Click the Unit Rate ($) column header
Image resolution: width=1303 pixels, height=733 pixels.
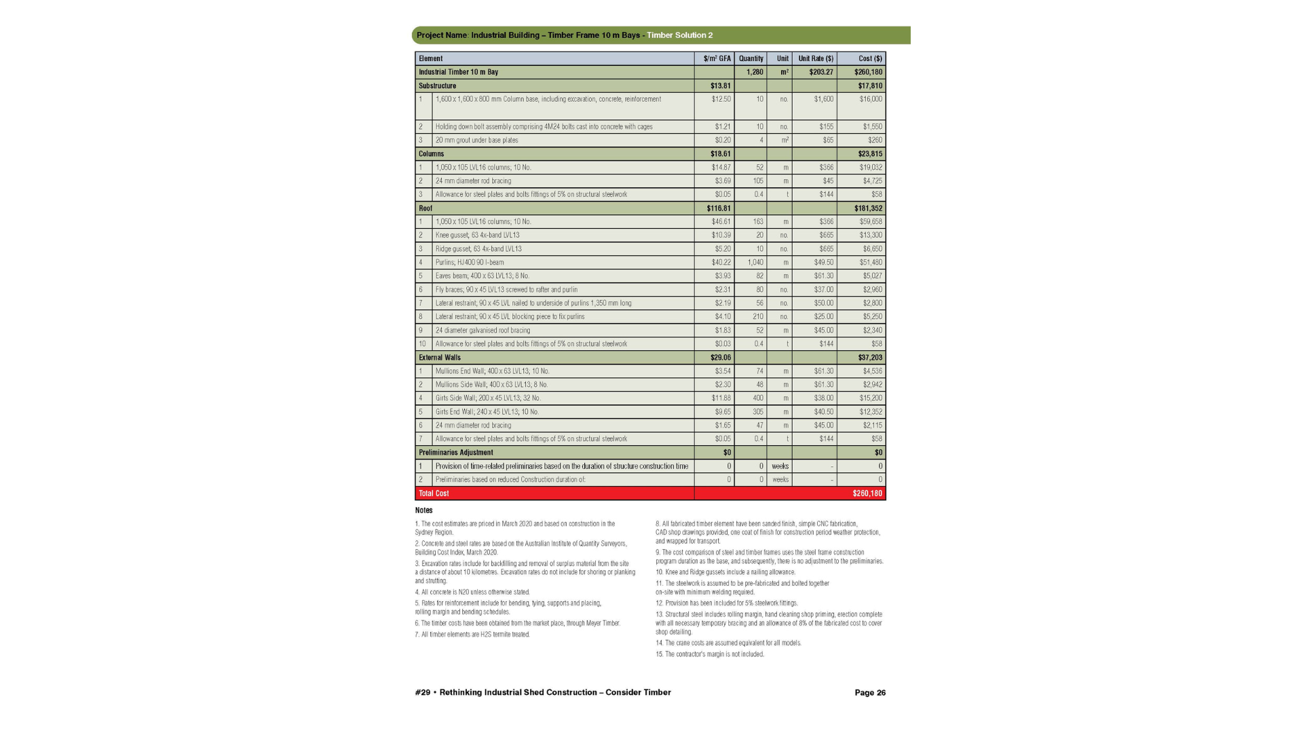(816, 58)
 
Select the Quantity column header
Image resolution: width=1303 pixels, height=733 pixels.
(751, 58)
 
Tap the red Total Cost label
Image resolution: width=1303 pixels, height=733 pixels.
(434, 493)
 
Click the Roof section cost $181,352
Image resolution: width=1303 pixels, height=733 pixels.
(868, 208)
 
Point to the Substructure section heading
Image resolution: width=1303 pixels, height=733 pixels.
(437, 86)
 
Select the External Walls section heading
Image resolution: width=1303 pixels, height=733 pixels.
(439, 358)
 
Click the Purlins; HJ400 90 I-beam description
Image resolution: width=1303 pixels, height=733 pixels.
(470, 263)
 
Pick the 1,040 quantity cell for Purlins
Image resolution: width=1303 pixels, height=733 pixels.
(755, 263)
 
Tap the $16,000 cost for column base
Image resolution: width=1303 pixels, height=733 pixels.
(871, 99)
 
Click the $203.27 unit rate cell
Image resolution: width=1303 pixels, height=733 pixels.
(821, 72)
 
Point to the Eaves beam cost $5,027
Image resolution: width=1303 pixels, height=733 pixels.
(872, 276)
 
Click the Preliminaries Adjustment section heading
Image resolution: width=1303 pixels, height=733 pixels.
(455, 453)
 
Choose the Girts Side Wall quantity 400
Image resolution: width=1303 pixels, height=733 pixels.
(757, 398)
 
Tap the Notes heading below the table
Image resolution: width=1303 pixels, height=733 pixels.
(423, 510)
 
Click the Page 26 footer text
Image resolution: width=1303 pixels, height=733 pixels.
(870, 693)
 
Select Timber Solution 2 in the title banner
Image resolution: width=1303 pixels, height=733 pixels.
(679, 35)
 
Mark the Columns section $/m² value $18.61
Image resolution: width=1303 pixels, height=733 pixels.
(720, 154)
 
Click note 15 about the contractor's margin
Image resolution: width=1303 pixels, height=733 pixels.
(710, 654)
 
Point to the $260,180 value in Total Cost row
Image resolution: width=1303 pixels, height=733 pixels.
(867, 493)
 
